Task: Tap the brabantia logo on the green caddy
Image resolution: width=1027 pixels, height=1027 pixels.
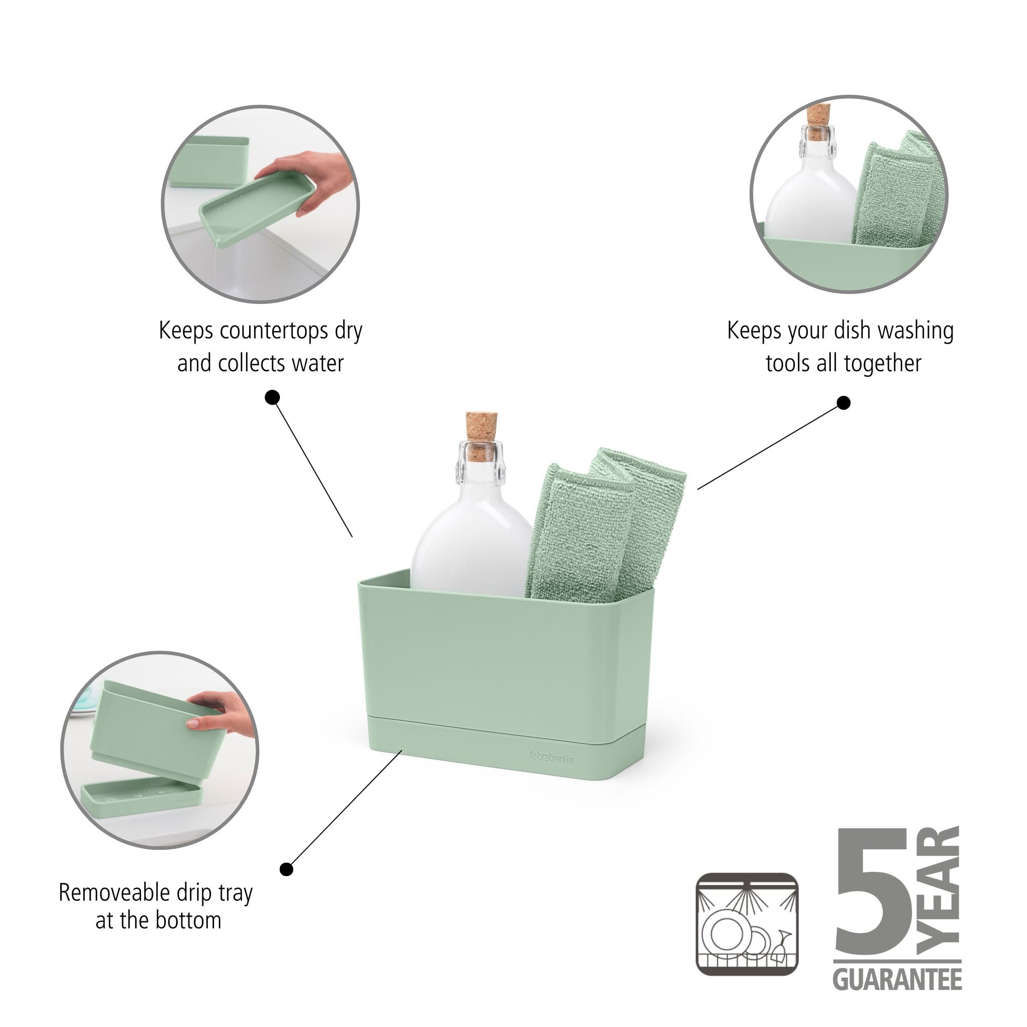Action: pyautogui.click(x=551, y=757)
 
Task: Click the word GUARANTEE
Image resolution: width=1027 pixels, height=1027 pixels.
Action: pyautogui.click(x=897, y=979)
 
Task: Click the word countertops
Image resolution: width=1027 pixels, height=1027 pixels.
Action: pyautogui.click(x=274, y=331)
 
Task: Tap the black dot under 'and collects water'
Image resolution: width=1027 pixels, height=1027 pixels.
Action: pyautogui.click(x=273, y=397)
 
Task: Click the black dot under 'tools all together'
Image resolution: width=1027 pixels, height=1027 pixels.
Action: pyautogui.click(x=844, y=403)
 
